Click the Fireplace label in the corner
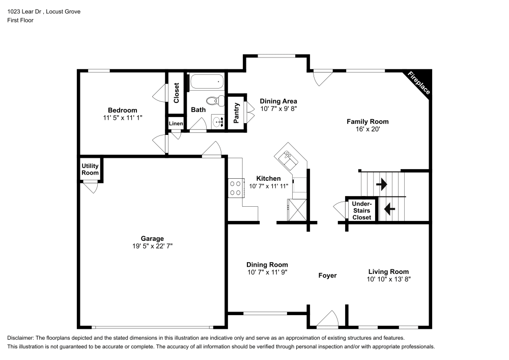419,83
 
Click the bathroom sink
219,121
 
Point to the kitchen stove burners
235,187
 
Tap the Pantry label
236,113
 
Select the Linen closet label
176,123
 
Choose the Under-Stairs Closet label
361,210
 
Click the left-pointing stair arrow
389,209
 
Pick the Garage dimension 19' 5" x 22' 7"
152,246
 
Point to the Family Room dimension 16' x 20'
367,130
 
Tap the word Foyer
327,275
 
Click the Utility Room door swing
91,188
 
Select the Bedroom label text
122,110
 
